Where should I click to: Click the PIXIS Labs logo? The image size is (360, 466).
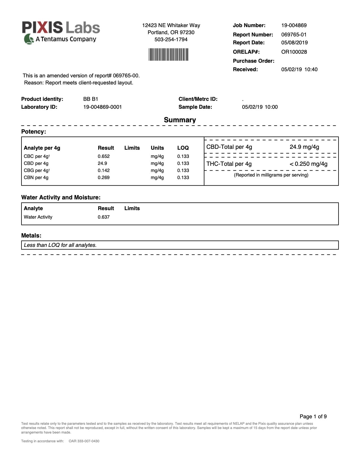coord(61,32)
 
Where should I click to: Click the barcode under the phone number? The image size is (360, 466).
coord(168,55)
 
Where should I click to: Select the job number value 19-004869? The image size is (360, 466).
coord(294,25)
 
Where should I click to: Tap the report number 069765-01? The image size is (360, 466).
coord(294,35)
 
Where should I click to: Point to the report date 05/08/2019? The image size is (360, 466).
coord(294,43)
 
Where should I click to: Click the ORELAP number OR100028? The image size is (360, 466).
coord(294,52)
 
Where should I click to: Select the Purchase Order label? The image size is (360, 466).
coord(253,61)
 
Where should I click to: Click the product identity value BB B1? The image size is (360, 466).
coord(91,99)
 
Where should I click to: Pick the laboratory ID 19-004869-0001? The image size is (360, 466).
coord(102,107)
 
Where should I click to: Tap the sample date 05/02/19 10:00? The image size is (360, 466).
coord(260,107)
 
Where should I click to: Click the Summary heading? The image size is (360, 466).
coord(180,120)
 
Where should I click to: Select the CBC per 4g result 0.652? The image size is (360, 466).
coord(104,156)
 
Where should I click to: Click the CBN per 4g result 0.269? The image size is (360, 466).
coord(104,178)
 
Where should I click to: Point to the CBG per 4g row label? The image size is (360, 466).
coord(37,171)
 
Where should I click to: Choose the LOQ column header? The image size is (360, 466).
coord(183,148)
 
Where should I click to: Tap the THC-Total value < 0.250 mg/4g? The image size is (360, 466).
coord(308,164)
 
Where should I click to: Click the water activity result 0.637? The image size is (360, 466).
coord(104,217)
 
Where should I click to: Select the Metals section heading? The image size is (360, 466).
coord(31,236)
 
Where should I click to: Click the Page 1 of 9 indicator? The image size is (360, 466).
coord(313,417)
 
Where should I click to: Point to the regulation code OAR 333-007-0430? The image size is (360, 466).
coord(84,441)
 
